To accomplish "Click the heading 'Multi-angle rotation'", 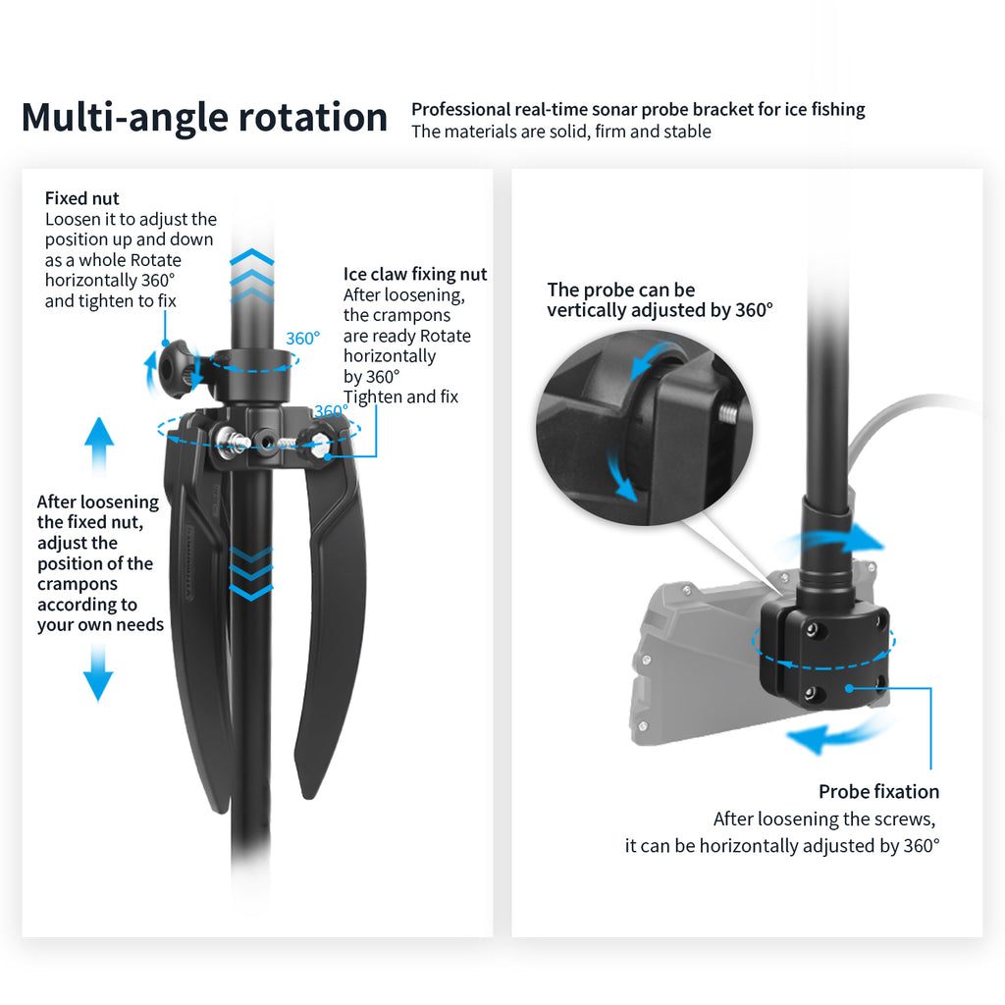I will [x=204, y=118].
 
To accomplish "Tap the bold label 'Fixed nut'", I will [x=82, y=198].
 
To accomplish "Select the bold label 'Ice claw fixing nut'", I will [x=415, y=275].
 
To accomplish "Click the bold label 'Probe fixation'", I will [x=878, y=791].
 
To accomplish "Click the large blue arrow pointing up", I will [x=98, y=446].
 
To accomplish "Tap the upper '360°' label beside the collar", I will [x=303, y=339].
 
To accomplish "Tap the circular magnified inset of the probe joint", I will [x=643, y=422].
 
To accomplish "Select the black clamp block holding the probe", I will [x=824, y=653].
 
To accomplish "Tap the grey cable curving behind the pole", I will [x=883, y=422].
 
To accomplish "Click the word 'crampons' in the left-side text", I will [x=78, y=584].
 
